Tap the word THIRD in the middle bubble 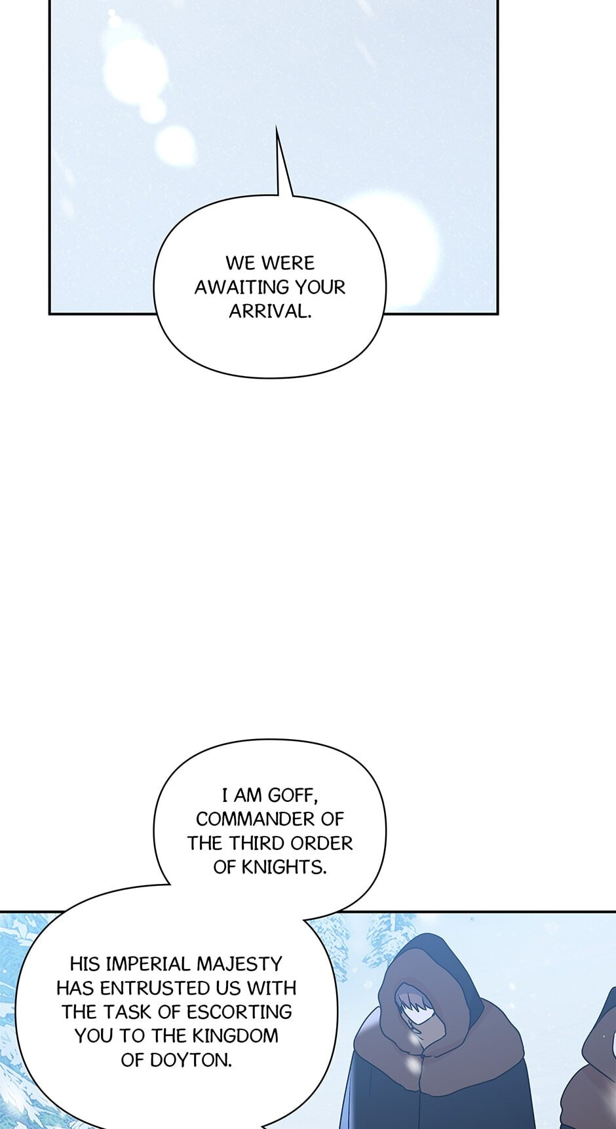254,843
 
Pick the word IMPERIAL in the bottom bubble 148,964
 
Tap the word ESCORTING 239,1012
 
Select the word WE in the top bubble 240,263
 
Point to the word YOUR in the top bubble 320,287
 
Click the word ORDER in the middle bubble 322,843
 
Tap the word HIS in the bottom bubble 85,964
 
